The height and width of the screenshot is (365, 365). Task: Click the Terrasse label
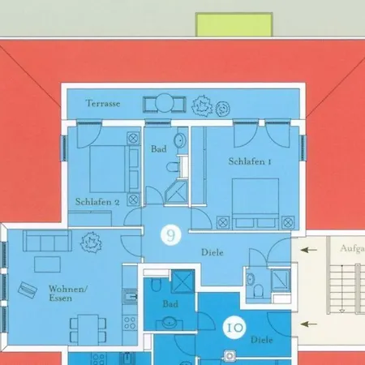click(103, 103)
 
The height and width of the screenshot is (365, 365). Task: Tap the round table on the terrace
click(164, 103)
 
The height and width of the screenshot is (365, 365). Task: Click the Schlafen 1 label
click(250, 161)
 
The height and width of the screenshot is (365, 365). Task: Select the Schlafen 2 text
click(97, 202)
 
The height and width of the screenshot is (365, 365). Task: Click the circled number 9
click(171, 235)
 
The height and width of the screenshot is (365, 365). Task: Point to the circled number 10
click(234, 328)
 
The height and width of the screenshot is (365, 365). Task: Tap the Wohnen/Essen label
click(68, 294)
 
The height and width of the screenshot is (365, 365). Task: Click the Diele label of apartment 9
click(213, 252)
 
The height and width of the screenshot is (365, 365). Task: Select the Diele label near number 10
click(261, 340)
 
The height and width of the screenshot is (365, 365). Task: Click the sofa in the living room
click(47, 240)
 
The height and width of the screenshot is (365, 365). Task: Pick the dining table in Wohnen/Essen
click(88, 329)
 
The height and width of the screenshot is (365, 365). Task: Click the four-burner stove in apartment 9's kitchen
click(130, 323)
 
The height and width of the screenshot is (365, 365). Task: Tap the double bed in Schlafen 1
click(255, 204)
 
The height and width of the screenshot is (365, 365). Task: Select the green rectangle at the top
click(234, 24)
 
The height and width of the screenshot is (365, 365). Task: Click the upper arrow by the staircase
click(308, 250)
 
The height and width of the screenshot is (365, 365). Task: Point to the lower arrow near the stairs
click(308, 324)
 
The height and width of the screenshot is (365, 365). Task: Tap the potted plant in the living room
click(92, 243)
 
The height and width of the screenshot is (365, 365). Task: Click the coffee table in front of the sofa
click(47, 264)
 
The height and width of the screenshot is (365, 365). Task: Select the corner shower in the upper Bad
click(176, 193)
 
